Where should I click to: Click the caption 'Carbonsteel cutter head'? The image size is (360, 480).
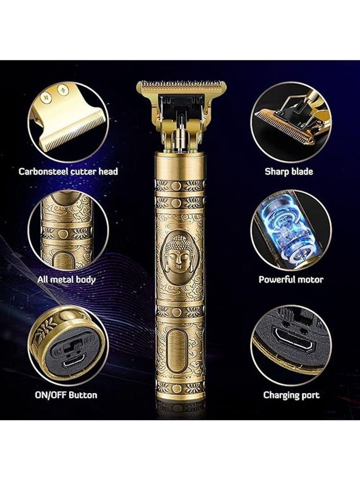tap(68, 171)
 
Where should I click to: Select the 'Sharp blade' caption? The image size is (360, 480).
tap(289, 171)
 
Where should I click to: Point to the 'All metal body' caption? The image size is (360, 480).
tap(67, 280)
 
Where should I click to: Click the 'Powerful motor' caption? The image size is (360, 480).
tap(291, 280)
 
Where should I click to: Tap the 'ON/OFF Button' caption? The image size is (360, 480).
tap(66, 395)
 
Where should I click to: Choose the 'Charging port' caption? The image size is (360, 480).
tap(292, 395)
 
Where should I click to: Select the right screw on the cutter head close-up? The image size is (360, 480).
tap(63, 91)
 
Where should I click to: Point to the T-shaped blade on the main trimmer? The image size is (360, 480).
tap(182, 87)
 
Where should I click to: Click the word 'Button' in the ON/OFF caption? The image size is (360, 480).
tap(82, 395)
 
